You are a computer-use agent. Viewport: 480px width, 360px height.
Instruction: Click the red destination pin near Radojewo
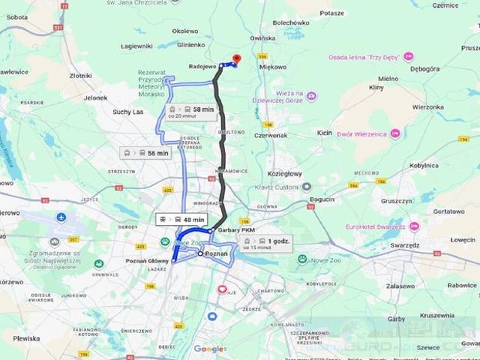(x=237, y=59)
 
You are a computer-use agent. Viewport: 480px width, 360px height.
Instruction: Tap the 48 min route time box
(x=179, y=219)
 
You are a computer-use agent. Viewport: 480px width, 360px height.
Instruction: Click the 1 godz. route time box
(x=267, y=242)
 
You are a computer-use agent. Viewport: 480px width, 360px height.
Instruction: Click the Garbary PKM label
(x=235, y=230)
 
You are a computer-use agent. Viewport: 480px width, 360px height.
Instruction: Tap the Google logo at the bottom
(x=209, y=349)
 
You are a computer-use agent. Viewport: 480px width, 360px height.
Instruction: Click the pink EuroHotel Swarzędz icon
(x=414, y=226)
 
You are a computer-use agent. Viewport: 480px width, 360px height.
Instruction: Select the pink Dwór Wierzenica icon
(x=395, y=133)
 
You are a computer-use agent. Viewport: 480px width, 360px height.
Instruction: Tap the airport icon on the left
(x=61, y=217)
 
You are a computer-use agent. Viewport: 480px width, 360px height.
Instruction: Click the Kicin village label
(x=325, y=132)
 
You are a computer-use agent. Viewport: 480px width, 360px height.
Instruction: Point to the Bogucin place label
(x=322, y=199)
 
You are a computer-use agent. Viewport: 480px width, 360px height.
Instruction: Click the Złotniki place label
(x=80, y=76)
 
